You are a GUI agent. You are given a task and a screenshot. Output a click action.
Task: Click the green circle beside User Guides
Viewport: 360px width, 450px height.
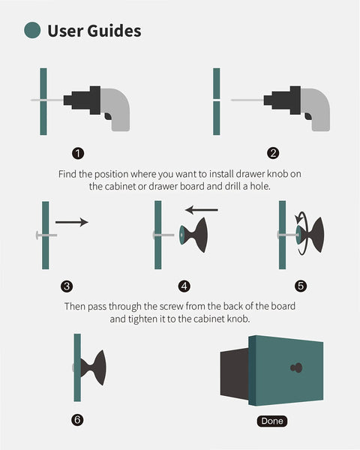(32, 30)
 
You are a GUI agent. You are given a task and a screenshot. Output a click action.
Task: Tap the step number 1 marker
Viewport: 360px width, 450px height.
(78, 153)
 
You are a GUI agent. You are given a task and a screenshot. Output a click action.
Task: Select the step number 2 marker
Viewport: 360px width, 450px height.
(273, 153)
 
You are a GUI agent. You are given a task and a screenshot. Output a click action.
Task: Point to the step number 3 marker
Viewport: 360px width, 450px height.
(67, 286)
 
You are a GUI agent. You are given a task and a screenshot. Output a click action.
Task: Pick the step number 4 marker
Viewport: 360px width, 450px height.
(184, 286)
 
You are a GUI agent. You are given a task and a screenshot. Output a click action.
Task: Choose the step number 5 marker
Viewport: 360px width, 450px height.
(301, 286)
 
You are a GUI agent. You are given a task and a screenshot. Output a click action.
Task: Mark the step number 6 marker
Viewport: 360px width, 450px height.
(77, 420)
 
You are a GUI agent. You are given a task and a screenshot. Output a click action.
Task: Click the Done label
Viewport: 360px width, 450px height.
(271, 421)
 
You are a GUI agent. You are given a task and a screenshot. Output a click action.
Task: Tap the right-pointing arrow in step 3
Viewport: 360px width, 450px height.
(72, 222)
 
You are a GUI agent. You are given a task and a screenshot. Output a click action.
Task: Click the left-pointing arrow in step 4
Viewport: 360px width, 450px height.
(202, 210)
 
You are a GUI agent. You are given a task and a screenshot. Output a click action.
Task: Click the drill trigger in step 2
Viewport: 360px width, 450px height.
(307, 116)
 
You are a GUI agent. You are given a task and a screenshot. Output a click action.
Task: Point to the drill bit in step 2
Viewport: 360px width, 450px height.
(247, 100)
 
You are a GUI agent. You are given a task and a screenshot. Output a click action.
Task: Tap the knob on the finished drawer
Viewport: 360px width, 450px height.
(296, 367)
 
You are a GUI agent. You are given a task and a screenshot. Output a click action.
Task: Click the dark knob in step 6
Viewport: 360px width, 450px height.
(93, 367)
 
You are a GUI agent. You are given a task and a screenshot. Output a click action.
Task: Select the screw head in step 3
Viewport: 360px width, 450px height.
(37, 235)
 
